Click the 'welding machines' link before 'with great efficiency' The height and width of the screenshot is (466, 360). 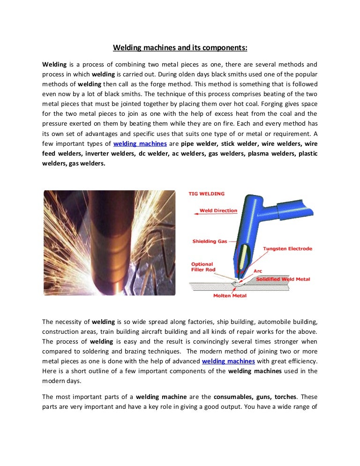coord(228,361)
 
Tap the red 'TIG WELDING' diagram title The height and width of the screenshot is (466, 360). coord(206,194)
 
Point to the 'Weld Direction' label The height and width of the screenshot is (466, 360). coord(218,210)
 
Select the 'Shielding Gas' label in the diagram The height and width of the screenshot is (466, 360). coord(210,241)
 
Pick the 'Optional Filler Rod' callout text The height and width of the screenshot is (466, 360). coord(202,267)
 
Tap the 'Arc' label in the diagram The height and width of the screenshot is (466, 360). coord(258,271)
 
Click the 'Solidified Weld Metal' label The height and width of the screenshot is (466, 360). coord(283,279)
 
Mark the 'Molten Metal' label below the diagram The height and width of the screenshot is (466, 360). coord(230,296)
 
